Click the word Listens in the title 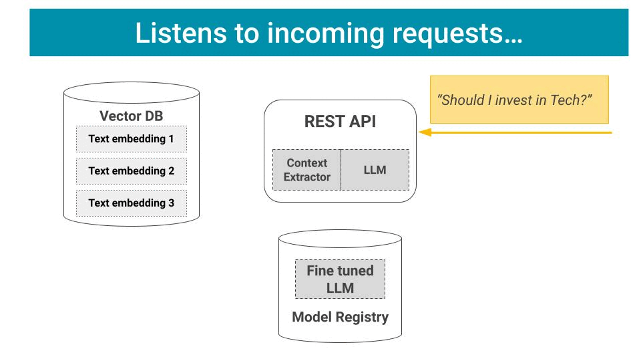(x=176, y=33)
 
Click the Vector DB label (x=131, y=116)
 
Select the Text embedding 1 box (x=131, y=139)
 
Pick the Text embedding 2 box (x=131, y=171)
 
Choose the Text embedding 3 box (x=131, y=203)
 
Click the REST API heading (x=341, y=124)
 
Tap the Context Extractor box (x=306, y=170)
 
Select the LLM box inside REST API (x=375, y=170)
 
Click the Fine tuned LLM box (x=340, y=279)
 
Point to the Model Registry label (x=340, y=317)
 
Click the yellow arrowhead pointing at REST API (x=424, y=132)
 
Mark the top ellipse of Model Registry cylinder (x=340, y=240)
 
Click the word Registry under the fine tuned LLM (x=363, y=317)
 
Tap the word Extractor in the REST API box (x=306, y=177)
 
